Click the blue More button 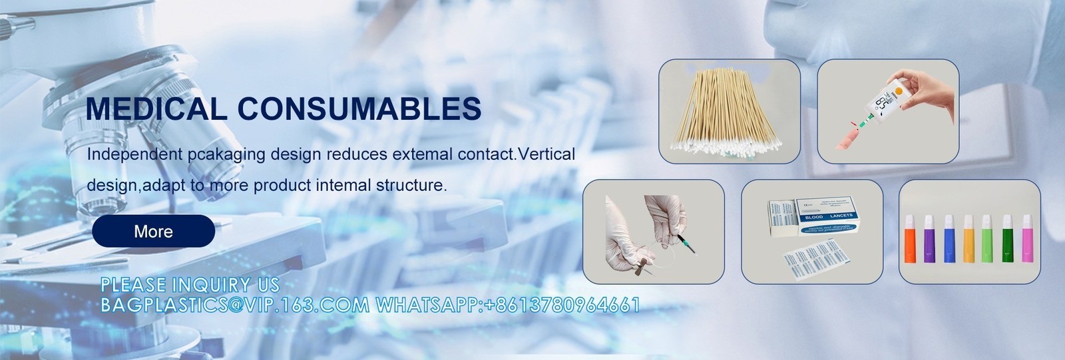click(x=153, y=232)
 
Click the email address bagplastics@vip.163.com click(x=234, y=305)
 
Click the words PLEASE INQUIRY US click(x=190, y=285)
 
